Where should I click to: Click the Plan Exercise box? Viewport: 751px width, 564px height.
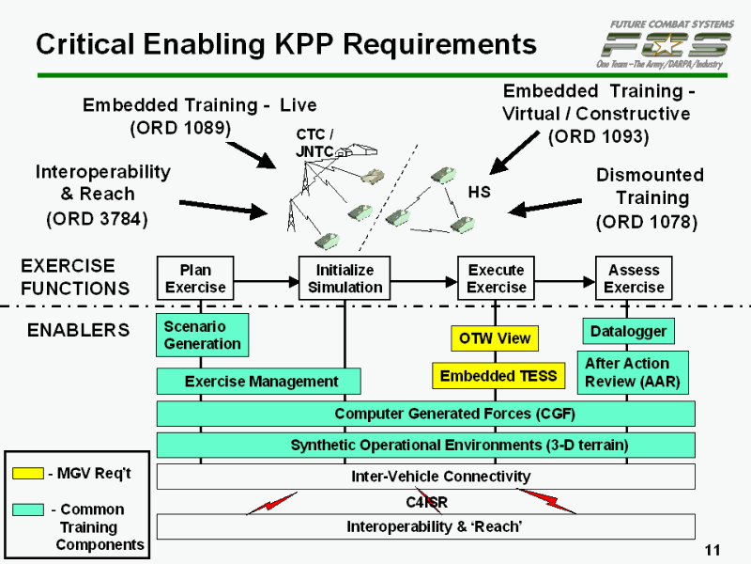pyautogui.click(x=195, y=278)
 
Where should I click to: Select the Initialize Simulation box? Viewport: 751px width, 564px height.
pyautogui.click(x=345, y=278)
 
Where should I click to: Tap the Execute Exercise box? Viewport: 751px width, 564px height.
pyautogui.click(x=496, y=278)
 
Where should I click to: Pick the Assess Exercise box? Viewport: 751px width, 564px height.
pyautogui.click(x=634, y=278)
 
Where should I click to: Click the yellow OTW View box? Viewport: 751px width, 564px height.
pyautogui.click(x=495, y=338)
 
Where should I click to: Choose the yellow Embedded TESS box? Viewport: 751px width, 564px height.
pyautogui.click(x=498, y=376)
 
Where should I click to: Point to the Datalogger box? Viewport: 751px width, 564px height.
pyautogui.click(x=628, y=331)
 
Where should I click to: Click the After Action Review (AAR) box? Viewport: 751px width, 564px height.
pyautogui.click(x=633, y=373)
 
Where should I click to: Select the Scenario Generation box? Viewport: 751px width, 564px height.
pyautogui.click(x=203, y=336)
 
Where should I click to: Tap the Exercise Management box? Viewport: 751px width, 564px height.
pyautogui.click(x=258, y=381)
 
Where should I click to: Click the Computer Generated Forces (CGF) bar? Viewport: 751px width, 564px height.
pyautogui.click(x=425, y=414)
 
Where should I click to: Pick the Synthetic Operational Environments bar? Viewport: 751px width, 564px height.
pyautogui.click(x=425, y=445)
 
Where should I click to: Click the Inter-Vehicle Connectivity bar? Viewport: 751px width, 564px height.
pyautogui.click(x=425, y=477)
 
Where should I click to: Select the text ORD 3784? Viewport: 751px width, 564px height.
pyautogui.click(x=98, y=219)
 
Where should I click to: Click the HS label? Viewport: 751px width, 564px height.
pyautogui.click(x=479, y=192)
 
